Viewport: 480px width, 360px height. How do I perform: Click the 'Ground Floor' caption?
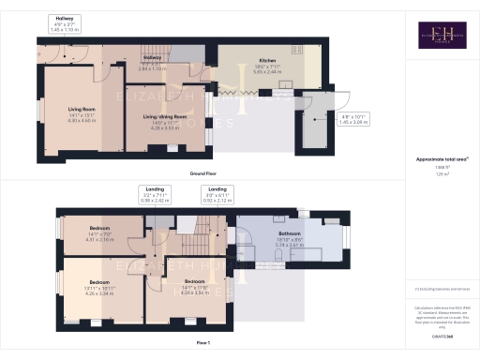point(204,173)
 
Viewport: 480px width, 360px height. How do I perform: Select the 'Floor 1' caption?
point(204,344)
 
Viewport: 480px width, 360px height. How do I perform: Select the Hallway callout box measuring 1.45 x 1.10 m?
point(65,24)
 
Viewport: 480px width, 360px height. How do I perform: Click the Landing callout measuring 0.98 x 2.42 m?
point(156,194)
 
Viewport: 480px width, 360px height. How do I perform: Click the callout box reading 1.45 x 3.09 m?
point(355,119)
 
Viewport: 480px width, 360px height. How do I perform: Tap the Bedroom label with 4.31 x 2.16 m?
point(98,232)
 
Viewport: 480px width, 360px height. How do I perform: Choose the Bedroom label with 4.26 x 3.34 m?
point(98,284)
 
